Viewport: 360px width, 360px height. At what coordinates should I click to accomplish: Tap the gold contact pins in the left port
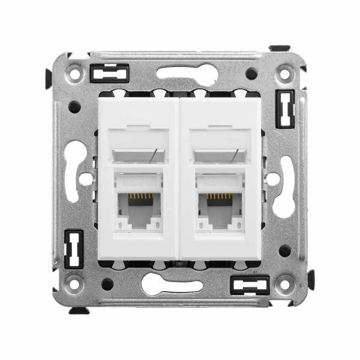(x=139, y=196)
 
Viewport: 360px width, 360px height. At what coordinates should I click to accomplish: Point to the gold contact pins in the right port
(x=220, y=196)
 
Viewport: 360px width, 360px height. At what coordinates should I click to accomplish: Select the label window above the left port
(x=139, y=154)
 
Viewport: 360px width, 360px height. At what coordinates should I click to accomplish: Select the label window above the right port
(x=220, y=154)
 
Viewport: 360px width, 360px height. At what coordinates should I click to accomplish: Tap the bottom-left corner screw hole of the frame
(x=75, y=283)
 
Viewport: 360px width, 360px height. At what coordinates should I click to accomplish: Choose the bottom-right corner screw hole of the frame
(x=284, y=283)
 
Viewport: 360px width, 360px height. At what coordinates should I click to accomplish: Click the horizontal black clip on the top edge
(x=109, y=73)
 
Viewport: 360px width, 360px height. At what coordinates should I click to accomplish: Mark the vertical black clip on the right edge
(x=284, y=109)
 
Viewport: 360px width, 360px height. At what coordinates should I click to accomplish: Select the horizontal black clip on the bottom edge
(x=250, y=284)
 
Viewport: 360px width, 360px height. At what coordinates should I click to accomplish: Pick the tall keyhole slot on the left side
(x=74, y=171)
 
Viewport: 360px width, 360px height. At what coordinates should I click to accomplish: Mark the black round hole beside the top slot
(x=251, y=73)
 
